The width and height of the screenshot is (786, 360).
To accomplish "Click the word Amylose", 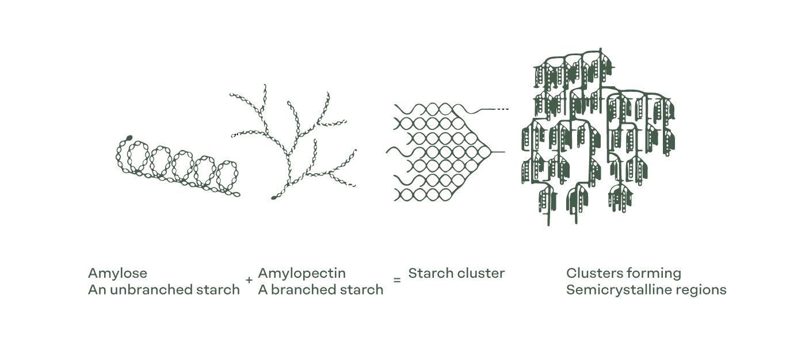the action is point(117,273).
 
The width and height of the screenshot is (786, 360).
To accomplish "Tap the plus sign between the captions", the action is point(249,280).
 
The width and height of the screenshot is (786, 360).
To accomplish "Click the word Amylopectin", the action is point(302,273).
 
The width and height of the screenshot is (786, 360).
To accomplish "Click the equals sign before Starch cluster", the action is point(397,280).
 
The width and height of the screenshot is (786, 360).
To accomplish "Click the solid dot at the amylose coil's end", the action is point(129,137).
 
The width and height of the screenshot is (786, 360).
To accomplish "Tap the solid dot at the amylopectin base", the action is point(274,198).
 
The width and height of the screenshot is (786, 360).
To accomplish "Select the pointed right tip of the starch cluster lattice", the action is point(491,152).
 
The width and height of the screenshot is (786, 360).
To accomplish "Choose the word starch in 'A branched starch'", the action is point(364,290).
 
